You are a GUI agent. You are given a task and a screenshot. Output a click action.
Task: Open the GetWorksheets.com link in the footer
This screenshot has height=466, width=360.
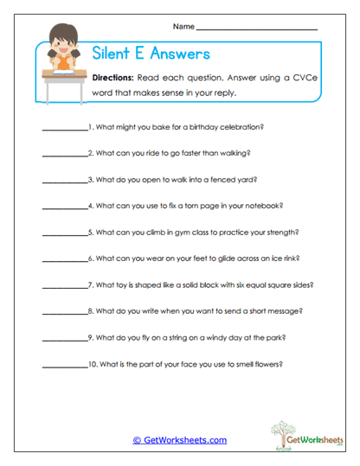[180, 440]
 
